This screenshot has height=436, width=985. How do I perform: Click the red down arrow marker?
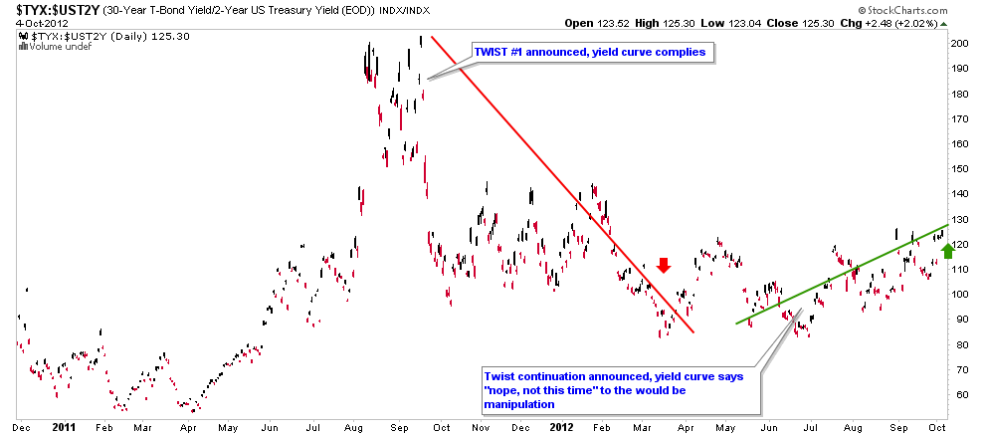click(x=664, y=265)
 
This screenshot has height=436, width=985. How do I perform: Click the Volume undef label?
click(x=49, y=46)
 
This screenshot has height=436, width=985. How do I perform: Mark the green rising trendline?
click(x=836, y=275)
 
